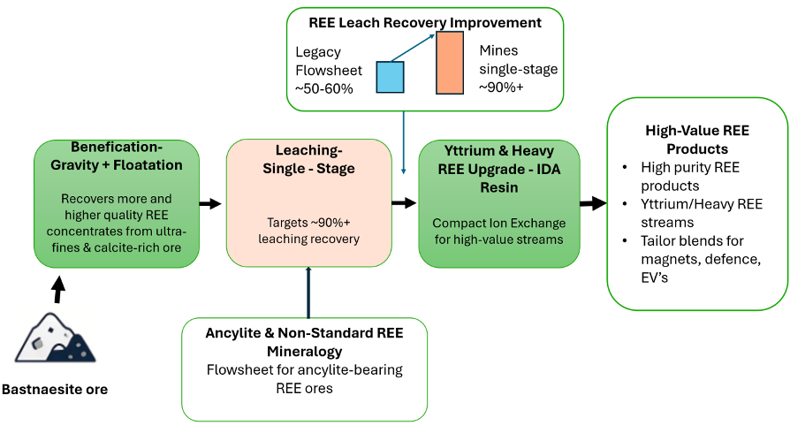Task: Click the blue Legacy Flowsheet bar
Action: [390, 77]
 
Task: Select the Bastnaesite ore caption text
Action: [55, 389]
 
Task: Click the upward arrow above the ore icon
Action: [58, 290]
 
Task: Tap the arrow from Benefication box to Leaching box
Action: [209, 204]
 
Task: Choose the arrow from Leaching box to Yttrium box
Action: [403, 203]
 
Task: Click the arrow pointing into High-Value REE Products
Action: [592, 203]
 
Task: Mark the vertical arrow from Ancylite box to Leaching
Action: [308, 292]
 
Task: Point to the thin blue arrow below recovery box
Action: [404, 141]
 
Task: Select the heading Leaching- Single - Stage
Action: [308, 160]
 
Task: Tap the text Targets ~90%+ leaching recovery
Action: [308, 231]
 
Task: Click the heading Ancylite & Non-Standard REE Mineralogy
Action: [304, 342]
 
